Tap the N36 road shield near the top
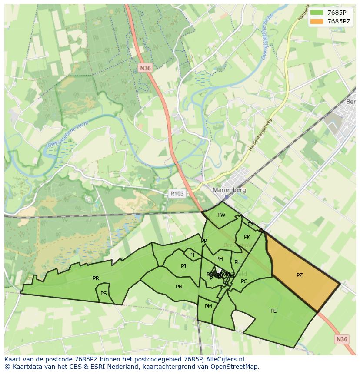point(145,68)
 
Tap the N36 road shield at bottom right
point(342,339)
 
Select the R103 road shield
point(177,194)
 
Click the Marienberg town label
point(229,190)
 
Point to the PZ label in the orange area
point(300,275)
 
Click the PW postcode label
point(221,215)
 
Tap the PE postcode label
point(273,311)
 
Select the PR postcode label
point(96,278)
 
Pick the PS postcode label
point(103,294)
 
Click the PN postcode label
point(179,287)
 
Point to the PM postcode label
point(208,307)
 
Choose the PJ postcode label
point(183,266)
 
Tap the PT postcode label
point(192,255)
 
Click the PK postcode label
point(247,237)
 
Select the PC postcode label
point(244,281)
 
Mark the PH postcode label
point(220,259)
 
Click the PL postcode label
point(237,262)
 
